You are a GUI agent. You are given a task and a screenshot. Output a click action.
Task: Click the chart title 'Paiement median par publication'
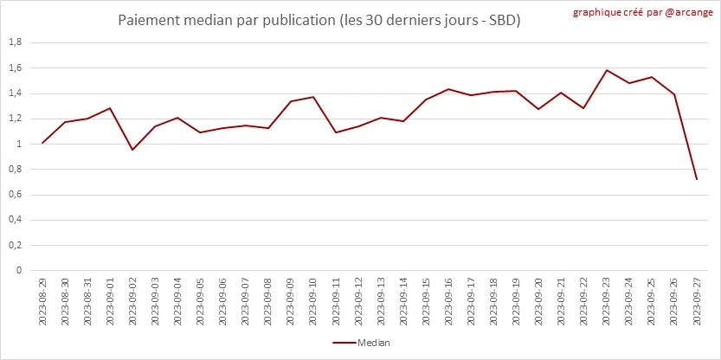[x=319, y=19]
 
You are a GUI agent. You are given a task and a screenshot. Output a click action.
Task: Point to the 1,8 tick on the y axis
[x=15, y=42]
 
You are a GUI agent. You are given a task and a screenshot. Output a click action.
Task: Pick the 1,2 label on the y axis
[x=15, y=119]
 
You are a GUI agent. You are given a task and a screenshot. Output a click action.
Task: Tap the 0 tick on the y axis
[x=18, y=270]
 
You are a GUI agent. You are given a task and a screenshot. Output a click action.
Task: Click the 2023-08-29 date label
[x=42, y=302]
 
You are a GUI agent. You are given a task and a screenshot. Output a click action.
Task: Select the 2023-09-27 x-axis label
[x=697, y=302]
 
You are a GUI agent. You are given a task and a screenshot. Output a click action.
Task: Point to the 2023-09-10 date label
[x=312, y=302]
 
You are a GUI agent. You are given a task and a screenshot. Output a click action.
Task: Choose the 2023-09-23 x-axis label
[x=607, y=302]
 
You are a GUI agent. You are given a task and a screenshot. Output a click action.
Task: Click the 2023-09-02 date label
[x=132, y=302]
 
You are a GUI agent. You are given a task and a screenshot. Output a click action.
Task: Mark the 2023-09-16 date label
[x=448, y=302]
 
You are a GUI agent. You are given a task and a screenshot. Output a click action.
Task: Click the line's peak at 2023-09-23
[x=607, y=70]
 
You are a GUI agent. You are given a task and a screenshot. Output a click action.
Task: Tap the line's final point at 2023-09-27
[x=697, y=179]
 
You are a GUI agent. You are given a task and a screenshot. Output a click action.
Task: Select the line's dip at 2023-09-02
[x=132, y=150]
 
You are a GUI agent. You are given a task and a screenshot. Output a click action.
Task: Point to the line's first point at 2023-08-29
[x=42, y=143]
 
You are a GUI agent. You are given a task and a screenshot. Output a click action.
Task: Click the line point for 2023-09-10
[x=312, y=97]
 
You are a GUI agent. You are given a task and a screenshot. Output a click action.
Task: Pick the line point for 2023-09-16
[x=448, y=89]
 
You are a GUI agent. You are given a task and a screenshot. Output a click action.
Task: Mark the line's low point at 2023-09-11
[x=336, y=132]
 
